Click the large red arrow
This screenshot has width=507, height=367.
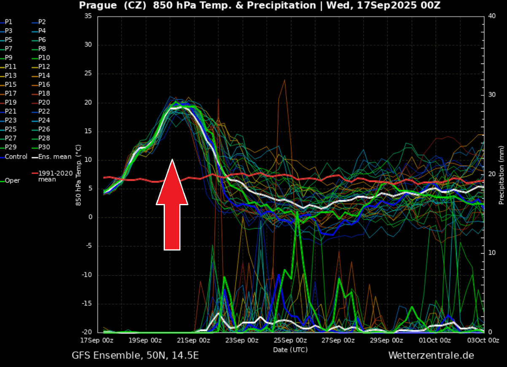[172, 206]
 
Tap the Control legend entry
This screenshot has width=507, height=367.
[16, 157]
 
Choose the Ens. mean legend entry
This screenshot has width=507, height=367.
[54, 157]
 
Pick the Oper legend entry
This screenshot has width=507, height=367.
[12, 180]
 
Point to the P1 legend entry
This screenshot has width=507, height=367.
[9, 22]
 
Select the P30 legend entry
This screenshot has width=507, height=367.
[44, 147]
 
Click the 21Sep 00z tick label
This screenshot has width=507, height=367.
[194, 340]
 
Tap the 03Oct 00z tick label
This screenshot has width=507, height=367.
[483, 340]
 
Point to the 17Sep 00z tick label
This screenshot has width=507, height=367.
[97, 340]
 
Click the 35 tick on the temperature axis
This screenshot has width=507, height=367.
[88, 16]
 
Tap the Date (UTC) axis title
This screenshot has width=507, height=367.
[290, 350]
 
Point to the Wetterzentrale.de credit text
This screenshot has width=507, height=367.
[431, 356]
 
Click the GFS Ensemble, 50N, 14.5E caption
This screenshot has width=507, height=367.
[135, 356]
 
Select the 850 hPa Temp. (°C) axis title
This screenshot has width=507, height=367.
[78, 175]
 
